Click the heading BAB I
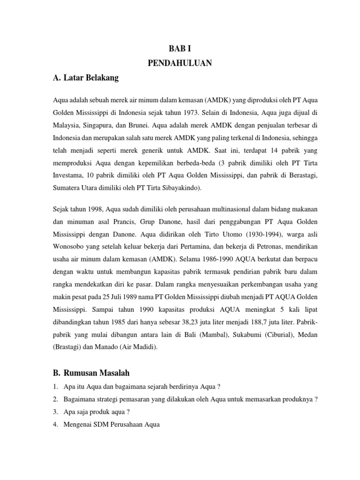(180, 48)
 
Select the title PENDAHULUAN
(180, 63)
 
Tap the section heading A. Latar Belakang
(86, 78)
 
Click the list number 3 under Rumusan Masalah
(55, 411)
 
